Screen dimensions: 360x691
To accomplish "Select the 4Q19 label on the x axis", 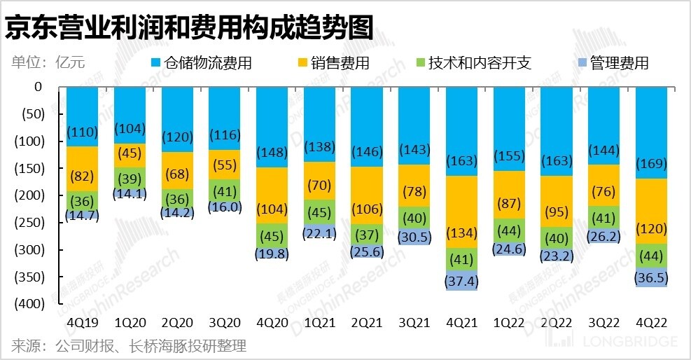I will coord(83,322).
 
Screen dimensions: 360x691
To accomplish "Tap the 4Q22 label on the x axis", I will coord(651,322).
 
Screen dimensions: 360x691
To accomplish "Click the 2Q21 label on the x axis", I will coord(367,322).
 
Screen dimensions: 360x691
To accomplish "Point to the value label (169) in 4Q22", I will coord(651,165).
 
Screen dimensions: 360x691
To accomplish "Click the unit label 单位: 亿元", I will coord(48,62).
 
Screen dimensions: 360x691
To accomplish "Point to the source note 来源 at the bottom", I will coord(129,346).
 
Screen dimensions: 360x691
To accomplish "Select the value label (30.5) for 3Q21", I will coord(414,237).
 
